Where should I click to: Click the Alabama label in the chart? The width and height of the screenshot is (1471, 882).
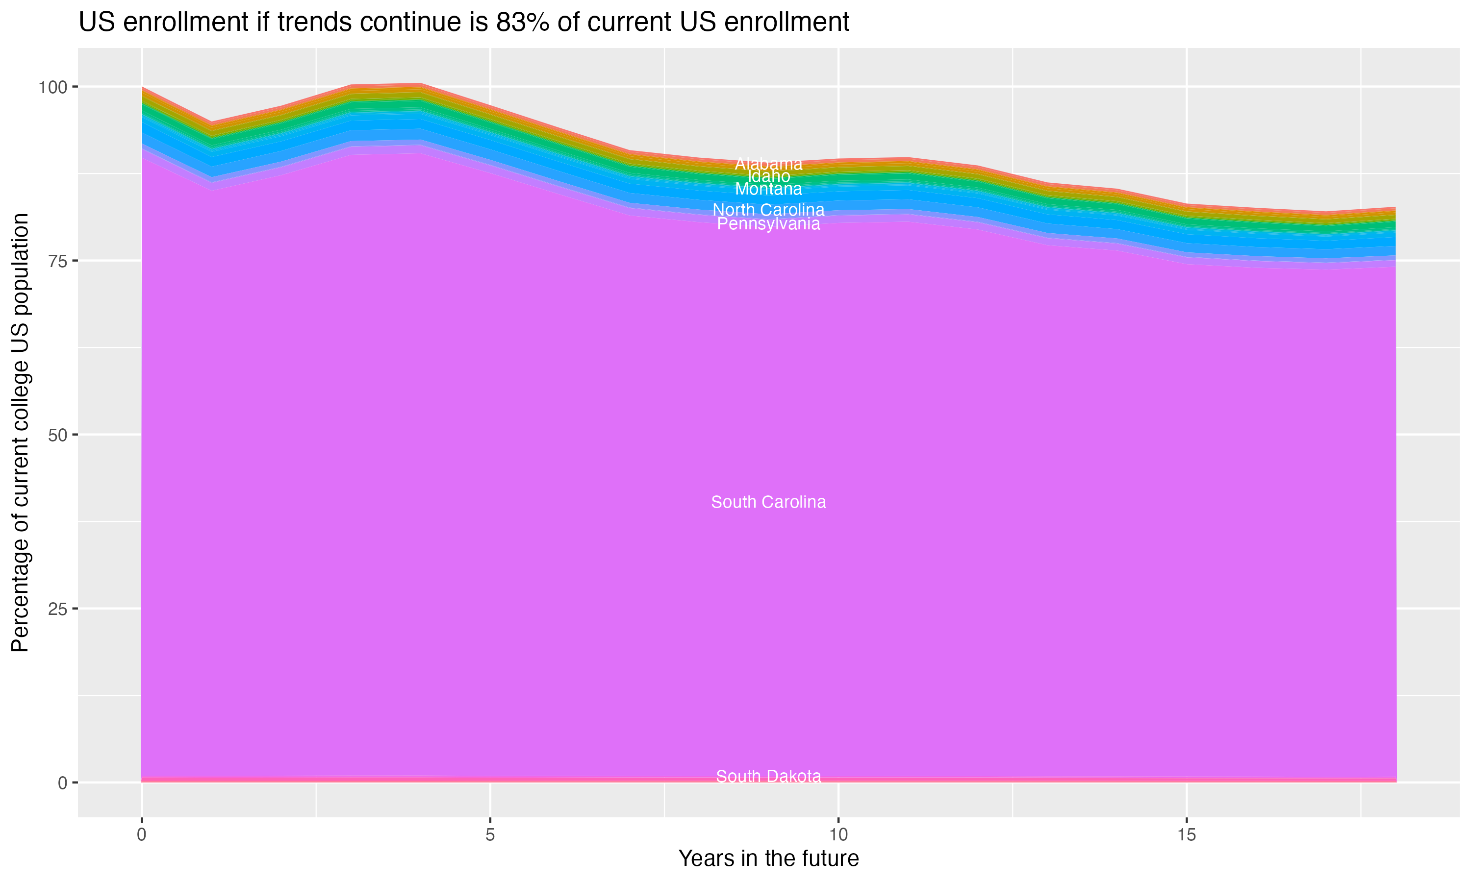[768, 164]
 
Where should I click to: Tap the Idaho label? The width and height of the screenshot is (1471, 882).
[768, 176]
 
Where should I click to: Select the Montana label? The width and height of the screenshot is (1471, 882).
[768, 190]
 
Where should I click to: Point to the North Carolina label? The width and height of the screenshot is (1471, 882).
[768, 210]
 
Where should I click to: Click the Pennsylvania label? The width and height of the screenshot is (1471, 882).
[768, 224]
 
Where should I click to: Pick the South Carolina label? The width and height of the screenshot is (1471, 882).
[768, 502]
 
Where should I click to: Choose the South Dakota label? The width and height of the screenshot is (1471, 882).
[768, 776]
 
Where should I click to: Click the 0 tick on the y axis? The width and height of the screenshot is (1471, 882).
[62, 783]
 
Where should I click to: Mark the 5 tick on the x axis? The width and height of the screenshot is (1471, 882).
[490, 835]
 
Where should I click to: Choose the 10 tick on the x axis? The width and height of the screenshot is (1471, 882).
[838, 835]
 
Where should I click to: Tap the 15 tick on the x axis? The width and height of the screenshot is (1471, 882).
[1187, 835]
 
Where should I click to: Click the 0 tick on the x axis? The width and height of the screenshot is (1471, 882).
[142, 835]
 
